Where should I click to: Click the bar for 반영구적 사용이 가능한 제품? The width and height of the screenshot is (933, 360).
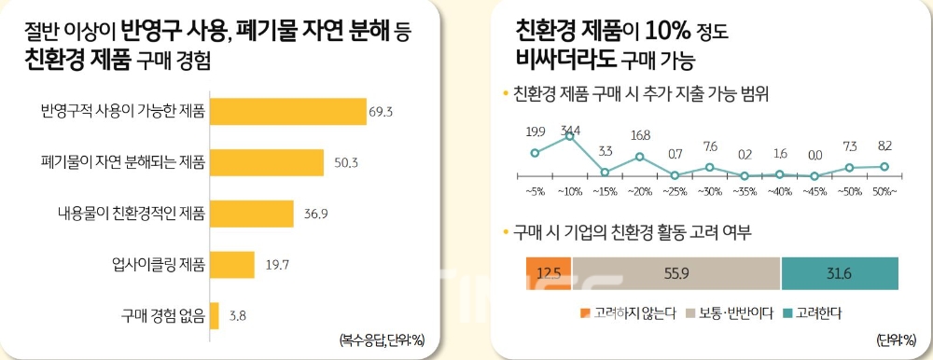(287, 111)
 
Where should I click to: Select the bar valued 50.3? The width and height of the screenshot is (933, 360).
(267, 162)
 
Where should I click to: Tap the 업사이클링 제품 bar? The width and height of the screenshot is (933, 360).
(232, 264)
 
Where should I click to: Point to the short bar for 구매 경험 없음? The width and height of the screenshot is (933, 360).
(215, 314)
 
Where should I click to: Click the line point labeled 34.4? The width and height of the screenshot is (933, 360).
(570, 137)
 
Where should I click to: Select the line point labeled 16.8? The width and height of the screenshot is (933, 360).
(640, 157)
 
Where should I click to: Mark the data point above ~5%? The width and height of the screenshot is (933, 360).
(535, 152)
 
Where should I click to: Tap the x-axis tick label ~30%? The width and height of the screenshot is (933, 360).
(710, 191)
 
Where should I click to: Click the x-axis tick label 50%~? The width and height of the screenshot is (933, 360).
(884, 191)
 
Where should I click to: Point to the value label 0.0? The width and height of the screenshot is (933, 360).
(815, 156)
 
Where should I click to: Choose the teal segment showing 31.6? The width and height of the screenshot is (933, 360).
(839, 272)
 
